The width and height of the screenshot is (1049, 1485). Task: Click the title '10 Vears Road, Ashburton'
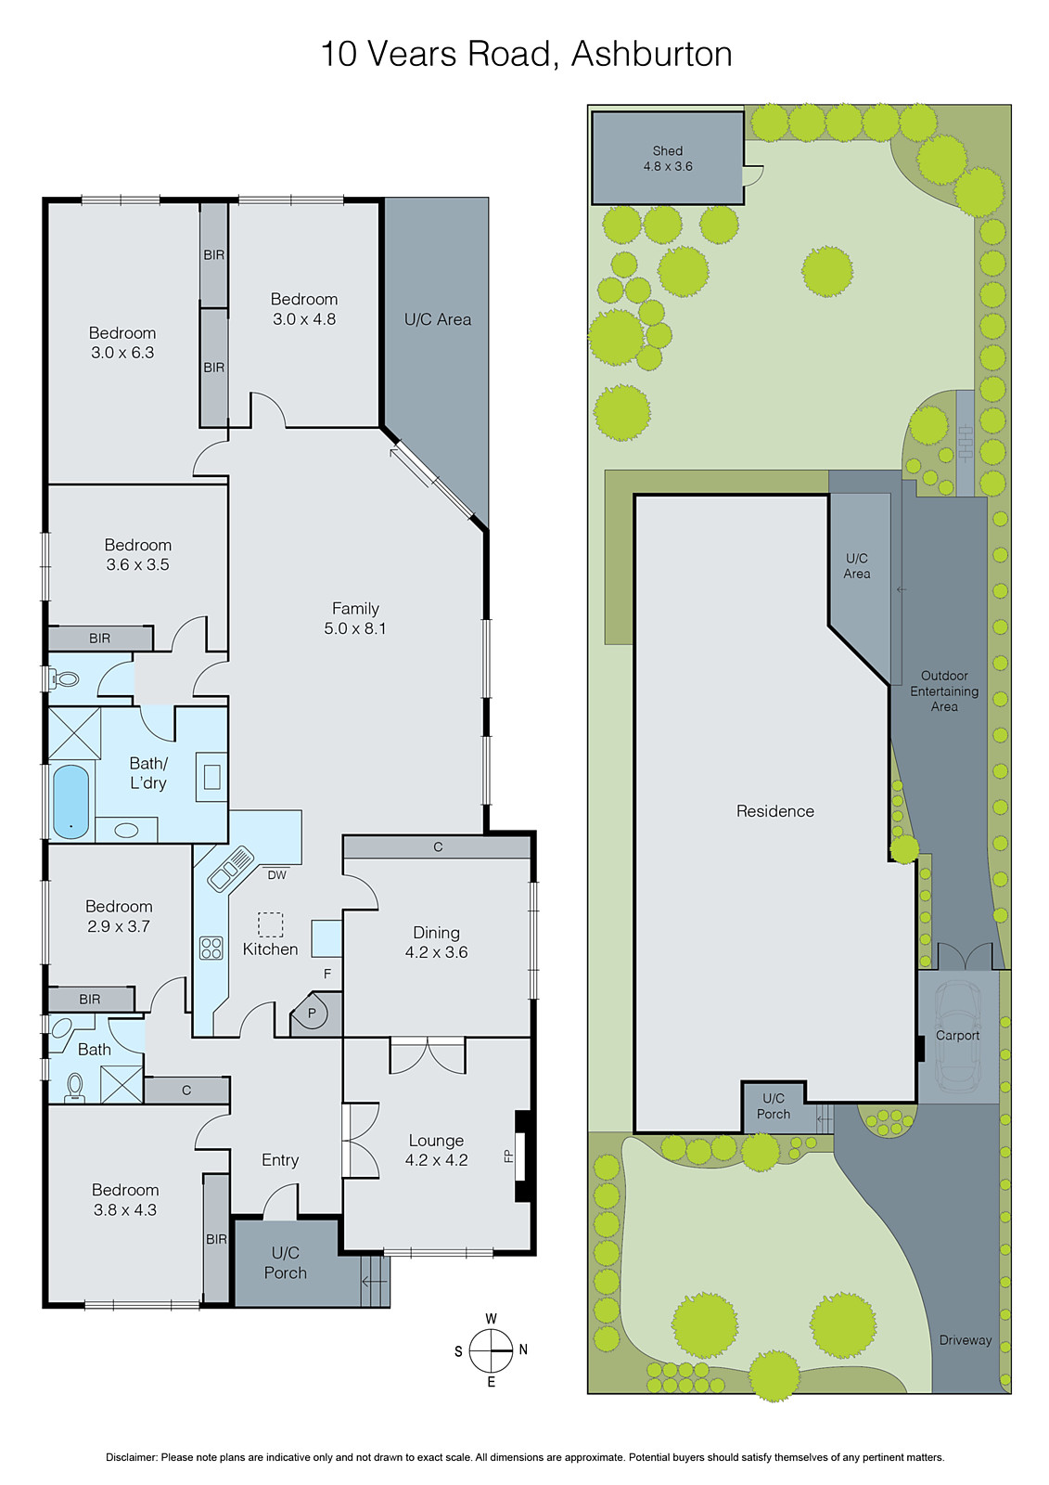point(526,54)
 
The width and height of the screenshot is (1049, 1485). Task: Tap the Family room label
point(355,618)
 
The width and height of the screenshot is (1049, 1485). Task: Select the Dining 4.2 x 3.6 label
point(436,942)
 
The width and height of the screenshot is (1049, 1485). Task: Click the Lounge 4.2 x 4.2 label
point(436,1150)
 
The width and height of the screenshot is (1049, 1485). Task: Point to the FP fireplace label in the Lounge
point(508,1156)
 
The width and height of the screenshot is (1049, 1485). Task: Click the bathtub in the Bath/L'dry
point(70,800)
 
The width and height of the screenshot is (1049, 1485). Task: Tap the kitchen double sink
point(231,867)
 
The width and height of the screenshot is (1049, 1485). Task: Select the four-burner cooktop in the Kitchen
point(211,948)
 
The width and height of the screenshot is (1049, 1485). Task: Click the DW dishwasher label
point(276,875)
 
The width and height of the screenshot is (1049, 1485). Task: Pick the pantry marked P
point(313,1013)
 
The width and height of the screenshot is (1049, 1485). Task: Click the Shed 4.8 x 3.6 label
point(668,159)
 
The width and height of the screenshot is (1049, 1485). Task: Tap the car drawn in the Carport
point(957,1035)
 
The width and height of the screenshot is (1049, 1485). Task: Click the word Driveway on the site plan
point(965,1340)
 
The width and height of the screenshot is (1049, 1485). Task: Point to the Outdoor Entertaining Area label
point(944,691)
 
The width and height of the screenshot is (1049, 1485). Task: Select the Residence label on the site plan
point(774,811)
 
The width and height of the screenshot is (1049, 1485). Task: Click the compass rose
point(492,1350)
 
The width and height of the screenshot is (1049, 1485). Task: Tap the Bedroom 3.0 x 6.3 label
point(122,342)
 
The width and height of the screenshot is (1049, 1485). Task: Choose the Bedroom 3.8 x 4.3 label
point(125,1199)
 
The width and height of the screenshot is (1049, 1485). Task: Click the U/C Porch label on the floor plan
point(286,1263)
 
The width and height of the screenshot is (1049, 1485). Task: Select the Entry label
point(280,1160)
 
